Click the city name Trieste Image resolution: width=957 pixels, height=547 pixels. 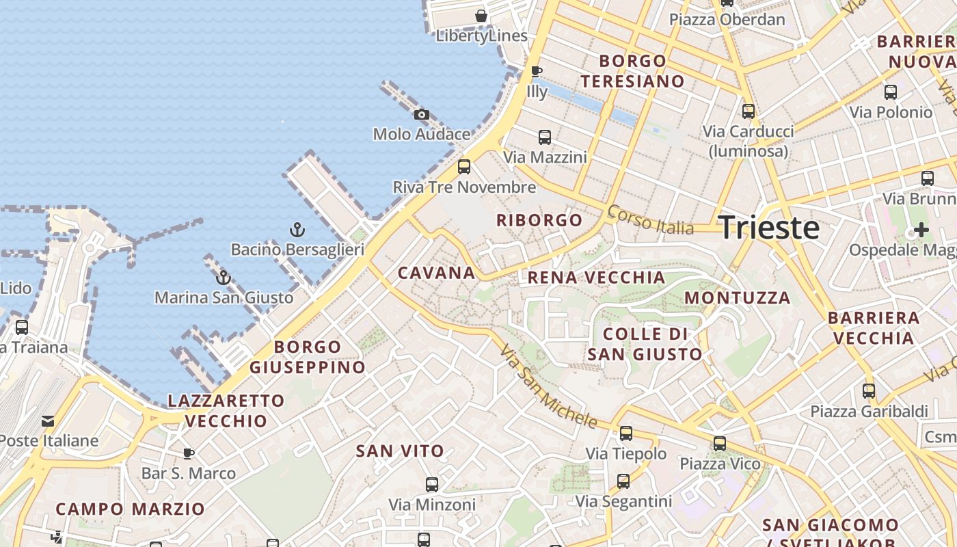tap(769, 227)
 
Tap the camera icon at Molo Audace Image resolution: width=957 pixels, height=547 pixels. tap(422, 114)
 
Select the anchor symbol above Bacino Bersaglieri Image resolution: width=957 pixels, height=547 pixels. tap(297, 230)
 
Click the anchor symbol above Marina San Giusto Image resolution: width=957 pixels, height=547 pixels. tap(223, 278)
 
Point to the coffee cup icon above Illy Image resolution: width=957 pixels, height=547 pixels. tap(537, 71)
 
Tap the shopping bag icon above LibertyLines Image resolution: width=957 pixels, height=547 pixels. tap(481, 15)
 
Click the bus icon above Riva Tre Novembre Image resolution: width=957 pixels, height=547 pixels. tap(464, 166)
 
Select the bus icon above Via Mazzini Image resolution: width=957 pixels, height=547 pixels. tap(545, 137)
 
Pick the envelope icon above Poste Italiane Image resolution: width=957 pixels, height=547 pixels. tap(48, 421)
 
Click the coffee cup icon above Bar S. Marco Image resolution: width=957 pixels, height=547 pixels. tap(189, 453)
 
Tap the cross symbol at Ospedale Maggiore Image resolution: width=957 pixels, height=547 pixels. tap(921, 230)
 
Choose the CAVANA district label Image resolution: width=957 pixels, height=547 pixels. tap(436, 273)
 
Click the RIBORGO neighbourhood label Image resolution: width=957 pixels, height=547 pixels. tap(539, 220)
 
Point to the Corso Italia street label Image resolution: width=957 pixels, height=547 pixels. tap(650, 220)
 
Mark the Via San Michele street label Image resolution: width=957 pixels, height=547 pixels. tap(548, 386)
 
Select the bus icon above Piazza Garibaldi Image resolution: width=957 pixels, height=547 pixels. tap(869, 391)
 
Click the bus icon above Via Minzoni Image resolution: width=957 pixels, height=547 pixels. tap(431, 485)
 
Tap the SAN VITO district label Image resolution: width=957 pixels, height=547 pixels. tap(400, 451)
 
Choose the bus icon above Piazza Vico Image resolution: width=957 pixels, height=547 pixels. tap(720, 444)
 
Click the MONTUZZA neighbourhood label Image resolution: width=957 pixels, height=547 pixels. tap(737, 297)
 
